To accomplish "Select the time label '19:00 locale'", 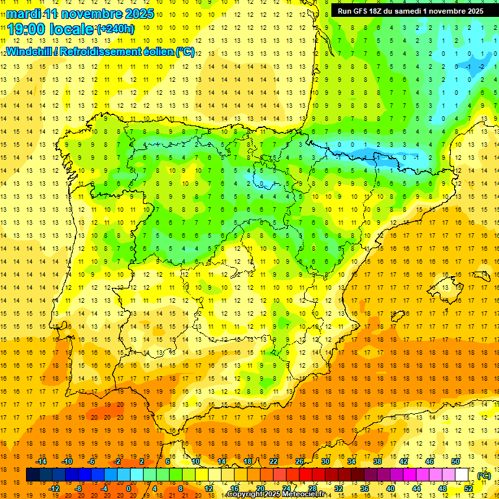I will (x=51, y=29).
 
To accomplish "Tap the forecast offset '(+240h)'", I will (x=116, y=29).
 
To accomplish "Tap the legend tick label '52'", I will (x=468, y=488).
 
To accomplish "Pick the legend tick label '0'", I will (x=129, y=488).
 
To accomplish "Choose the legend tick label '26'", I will (x=300, y=461).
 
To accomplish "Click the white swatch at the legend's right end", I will (x=462, y=475).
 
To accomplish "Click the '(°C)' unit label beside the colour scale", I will (x=484, y=475).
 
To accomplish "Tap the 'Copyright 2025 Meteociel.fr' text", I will (x=285, y=494).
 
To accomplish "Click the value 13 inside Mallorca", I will (x=445, y=288).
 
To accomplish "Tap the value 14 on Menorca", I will (x=483, y=274).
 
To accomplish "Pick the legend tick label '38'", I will (x=377, y=461).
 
